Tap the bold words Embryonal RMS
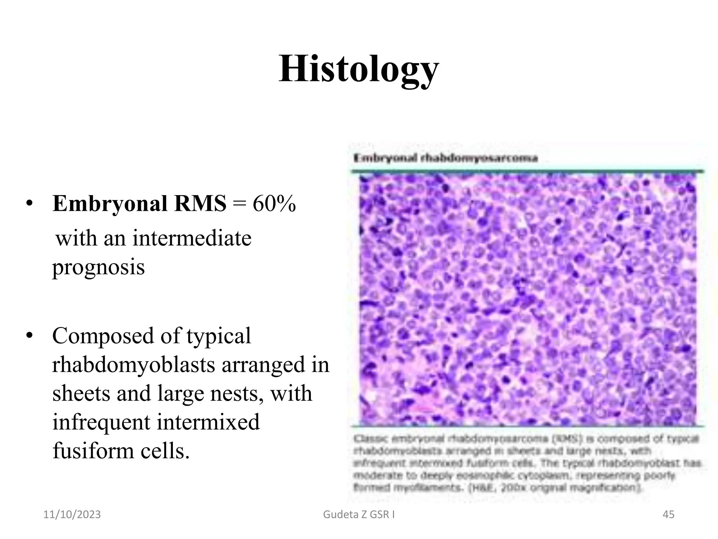[139, 204]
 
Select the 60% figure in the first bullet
[274, 204]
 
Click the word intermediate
[192, 238]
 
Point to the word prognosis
[98, 267]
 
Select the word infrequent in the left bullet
[101, 422]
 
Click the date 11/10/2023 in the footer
[72, 514]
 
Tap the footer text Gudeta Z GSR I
[359, 514]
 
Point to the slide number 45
[668, 514]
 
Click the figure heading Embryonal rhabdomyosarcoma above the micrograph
[445, 158]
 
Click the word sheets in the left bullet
[81, 393]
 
